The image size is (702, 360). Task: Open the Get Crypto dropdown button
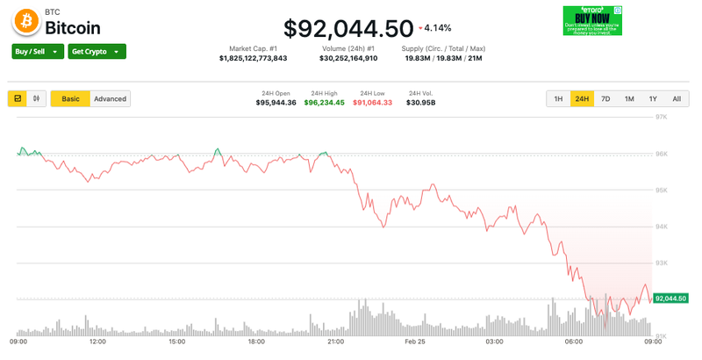[97, 52]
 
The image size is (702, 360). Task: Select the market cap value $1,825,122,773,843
[253, 59]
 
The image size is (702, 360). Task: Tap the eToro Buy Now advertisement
[591, 20]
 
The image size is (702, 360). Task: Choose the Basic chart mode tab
[70, 98]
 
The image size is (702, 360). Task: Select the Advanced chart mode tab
[111, 98]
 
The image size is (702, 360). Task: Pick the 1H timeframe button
[558, 99]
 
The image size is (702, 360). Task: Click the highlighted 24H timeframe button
[582, 99]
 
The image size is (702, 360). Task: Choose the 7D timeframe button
[605, 99]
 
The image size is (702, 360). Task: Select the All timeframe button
[676, 99]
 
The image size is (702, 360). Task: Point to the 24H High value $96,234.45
[325, 103]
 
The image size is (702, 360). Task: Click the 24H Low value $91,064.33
[373, 103]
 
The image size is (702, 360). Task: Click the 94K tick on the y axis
[663, 227]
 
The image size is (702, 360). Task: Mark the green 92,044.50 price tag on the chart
[670, 299]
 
